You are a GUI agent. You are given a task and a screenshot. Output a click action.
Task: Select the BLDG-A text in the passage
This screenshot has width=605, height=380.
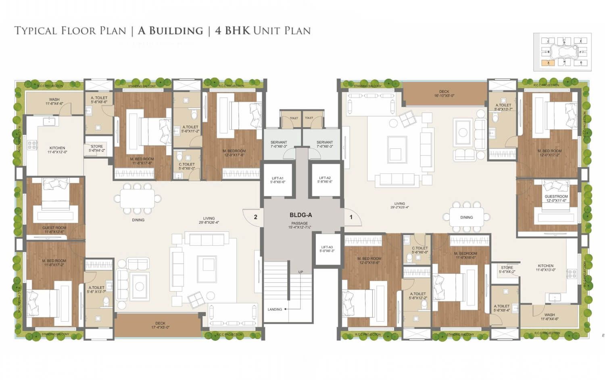[300, 215]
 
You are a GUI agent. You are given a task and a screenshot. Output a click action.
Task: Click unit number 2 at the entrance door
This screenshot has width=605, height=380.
[255, 217]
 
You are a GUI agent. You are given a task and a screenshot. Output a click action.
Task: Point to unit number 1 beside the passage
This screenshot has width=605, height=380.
[351, 217]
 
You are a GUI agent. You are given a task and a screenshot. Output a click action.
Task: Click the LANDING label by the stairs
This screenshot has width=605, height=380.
[275, 309]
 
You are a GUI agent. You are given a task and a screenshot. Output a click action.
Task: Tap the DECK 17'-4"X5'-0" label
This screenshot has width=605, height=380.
[160, 325]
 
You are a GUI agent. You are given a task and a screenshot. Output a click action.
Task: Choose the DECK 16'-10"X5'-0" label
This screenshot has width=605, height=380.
[444, 94]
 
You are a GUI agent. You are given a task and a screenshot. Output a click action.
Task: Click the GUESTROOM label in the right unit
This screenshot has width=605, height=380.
[556, 198]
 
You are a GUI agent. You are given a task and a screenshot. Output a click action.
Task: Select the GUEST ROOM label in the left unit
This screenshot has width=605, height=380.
[54, 229]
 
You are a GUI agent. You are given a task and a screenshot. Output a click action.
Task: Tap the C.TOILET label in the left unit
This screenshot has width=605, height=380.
[187, 166]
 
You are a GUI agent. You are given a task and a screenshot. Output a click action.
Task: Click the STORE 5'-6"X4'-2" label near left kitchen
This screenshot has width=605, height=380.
[97, 148]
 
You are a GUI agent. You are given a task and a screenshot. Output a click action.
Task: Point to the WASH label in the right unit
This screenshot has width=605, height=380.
[549, 317]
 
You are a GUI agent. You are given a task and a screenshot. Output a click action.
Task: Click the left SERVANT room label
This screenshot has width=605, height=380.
[279, 144]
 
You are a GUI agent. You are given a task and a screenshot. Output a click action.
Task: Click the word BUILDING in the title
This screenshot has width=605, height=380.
[170, 31]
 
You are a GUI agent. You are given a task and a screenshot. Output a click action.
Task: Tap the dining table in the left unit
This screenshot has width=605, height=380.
[138, 199]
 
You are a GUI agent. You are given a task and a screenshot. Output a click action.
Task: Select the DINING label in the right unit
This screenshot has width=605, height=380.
[466, 217]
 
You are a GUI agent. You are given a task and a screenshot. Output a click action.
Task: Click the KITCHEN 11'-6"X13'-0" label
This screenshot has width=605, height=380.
[545, 268]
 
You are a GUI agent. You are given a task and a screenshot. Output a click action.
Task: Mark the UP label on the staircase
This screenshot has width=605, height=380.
[300, 272]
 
